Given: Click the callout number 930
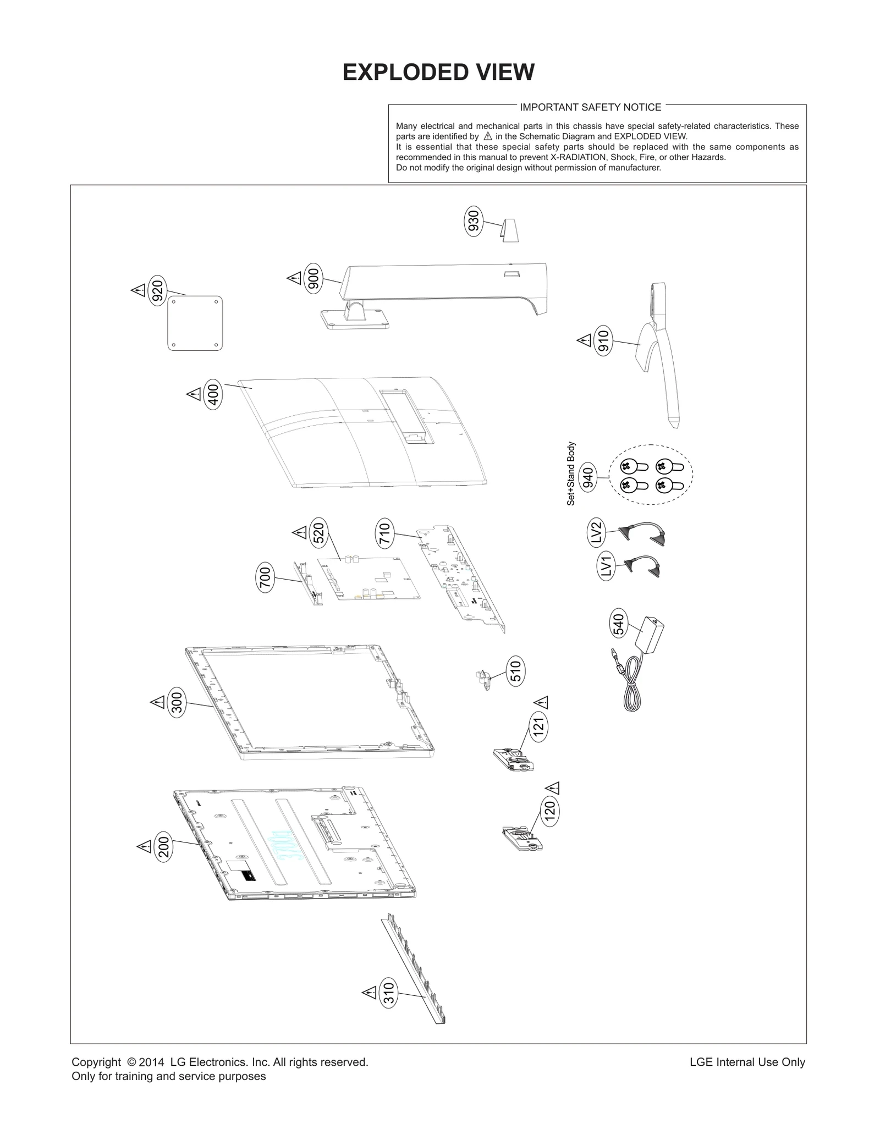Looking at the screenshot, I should point(473,221).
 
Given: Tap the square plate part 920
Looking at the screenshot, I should point(195,323).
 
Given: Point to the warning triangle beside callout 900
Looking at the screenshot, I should point(294,278).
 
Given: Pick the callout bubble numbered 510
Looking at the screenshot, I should point(515,670).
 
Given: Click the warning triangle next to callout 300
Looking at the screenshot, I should point(157,702).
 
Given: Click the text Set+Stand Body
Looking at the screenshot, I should point(571,473).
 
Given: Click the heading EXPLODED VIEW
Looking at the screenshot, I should point(438,72).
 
